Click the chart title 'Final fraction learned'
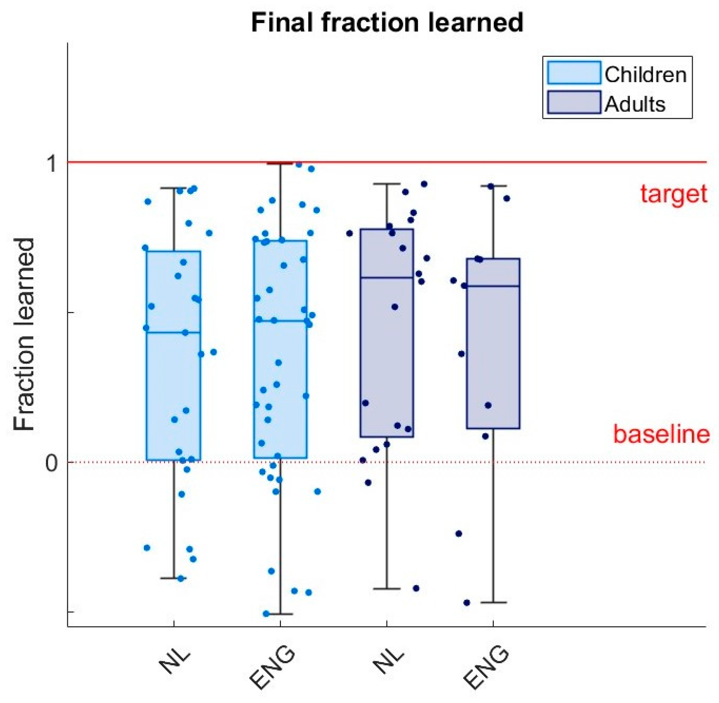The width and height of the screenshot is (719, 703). coord(386,22)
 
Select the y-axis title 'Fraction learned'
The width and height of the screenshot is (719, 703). coord(24,334)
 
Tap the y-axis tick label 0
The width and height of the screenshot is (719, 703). coord(51,463)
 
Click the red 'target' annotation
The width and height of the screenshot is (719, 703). coord(673,194)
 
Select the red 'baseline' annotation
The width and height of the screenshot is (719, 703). coord(661,434)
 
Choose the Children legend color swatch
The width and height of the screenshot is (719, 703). coord(574,73)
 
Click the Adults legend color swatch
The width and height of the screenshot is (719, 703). coord(574,102)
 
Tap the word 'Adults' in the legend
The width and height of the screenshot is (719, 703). coord(635,104)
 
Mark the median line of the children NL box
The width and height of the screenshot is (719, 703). coord(173,332)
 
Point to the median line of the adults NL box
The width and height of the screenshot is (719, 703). coord(386,277)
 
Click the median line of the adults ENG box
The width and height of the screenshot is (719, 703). coord(493,286)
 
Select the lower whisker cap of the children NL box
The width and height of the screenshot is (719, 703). coord(173,578)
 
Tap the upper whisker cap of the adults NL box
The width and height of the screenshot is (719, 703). coord(386,184)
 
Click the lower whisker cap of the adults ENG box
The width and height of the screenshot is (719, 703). coord(493,602)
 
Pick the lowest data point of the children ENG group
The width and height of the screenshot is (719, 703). coord(266,614)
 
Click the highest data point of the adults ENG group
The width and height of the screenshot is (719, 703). coord(490,186)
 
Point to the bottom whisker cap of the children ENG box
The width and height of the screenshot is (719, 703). coord(280,614)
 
